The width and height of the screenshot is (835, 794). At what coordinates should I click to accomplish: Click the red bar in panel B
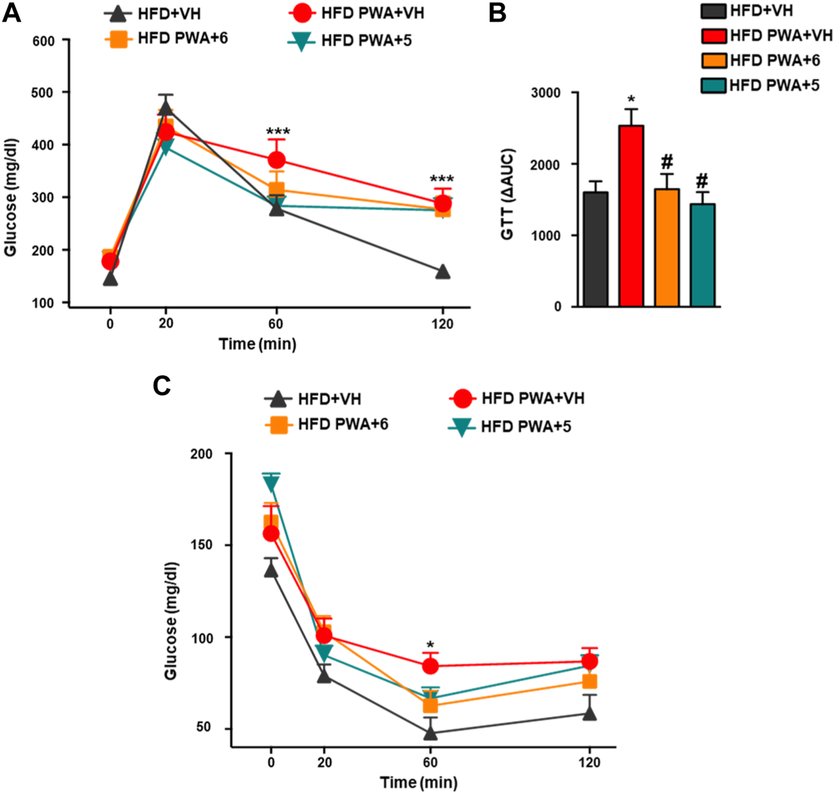[631, 215]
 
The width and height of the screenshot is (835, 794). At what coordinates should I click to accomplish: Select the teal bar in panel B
[702, 255]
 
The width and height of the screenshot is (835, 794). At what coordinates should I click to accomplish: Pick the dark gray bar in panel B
[595, 249]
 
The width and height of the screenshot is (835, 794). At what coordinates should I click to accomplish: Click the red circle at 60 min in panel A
[277, 159]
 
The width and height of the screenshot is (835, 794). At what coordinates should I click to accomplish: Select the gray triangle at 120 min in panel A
[442, 272]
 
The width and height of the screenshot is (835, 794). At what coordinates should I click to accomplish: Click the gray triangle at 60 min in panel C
[430, 733]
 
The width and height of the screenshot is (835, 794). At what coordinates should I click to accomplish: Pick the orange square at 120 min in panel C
[590, 681]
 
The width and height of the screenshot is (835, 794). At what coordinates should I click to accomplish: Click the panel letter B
[497, 12]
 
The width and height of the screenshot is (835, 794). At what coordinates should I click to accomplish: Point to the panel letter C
[161, 385]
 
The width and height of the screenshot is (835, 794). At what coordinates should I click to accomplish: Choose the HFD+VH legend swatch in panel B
[714, 11]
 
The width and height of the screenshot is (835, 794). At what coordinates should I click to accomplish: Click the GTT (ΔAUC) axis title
[508, 194]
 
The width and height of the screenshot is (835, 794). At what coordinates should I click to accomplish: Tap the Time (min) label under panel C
[418, 782]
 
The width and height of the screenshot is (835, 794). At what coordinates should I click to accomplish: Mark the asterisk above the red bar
[631, 101]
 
